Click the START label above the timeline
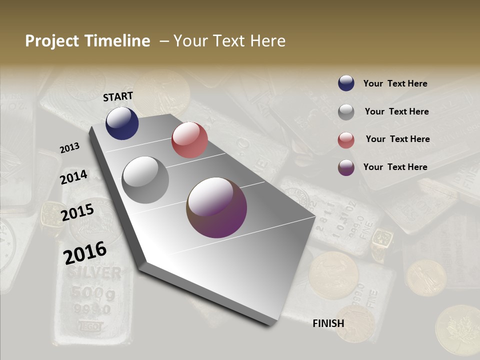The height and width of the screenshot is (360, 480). pyautogui.click(x=118, y=96)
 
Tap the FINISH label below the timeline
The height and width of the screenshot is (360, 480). pyautogui.click(x=328, y=323)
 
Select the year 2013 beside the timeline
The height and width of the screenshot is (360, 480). pyautogui.click(x=70, y=148)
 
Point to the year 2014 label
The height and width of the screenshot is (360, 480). pyautogui.click(x=74, y=177)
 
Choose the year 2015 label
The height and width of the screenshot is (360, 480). pyautogui.click(x=77, y=212)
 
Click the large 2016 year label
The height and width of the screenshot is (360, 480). pyautogui.click(x=85, y=252)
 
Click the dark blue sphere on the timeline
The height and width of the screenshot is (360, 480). pyautogui.click(x=122, y=123)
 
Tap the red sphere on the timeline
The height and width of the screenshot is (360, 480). pyautogui.click(x=189, y=140)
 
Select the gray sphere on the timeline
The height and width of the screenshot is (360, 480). pyautogui.click(x=145, y=180)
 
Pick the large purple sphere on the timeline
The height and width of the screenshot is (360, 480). pyautogui.click(x=216, y=207)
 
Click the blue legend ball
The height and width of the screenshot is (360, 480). pyautogui.click(x=346, y=83)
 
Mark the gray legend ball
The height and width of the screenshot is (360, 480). pyautogui.click(x=346, y=112)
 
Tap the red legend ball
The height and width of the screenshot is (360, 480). pyautogui.click(x=346, y=140)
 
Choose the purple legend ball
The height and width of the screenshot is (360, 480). pyautogui.click(x=346, y=167)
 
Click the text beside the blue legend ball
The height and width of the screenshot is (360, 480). pyautogui.click(x=395, y=84)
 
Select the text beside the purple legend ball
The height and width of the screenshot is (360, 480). pyautogui.click(x=395, y=167)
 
